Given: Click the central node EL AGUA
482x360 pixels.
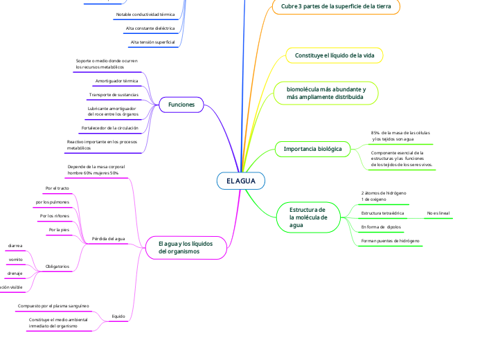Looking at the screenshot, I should click(240, 181).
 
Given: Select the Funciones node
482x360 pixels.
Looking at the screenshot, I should click(181, 105).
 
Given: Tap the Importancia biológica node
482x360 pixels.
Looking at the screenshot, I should click(313, 149).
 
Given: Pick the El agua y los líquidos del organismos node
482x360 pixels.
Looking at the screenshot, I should click(185, 248).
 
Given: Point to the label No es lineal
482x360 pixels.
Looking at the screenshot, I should click(438, 213).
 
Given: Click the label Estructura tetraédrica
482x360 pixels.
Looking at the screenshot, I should click(382, 213).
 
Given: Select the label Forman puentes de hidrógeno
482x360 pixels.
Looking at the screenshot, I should click(391, 240).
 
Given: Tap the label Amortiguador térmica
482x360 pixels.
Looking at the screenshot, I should click(116, 81).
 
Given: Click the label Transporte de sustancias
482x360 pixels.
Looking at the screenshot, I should click(114, 95).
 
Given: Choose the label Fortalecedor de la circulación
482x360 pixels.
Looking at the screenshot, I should click(110, 128).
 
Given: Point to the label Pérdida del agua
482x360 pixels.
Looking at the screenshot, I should click(108, 238).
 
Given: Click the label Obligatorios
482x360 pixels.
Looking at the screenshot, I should click(57, 266).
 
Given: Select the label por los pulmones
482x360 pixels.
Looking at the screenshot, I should click(52, 202).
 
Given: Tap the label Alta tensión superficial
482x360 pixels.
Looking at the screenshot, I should click(153, 42).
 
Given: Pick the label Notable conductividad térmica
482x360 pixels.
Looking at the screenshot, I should click(145, 15).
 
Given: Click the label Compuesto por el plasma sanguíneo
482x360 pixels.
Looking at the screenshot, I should click(53, 305).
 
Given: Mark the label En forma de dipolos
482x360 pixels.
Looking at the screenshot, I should click(381, 227).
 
